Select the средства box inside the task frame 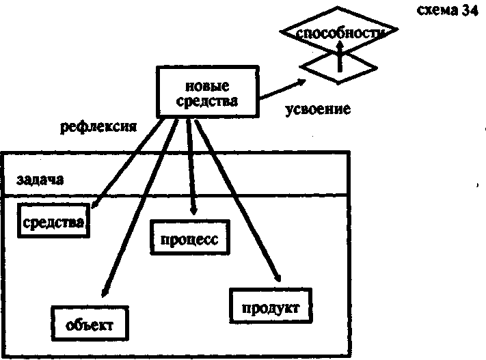[x=53, y=222]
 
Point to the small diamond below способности [x=338, y=66]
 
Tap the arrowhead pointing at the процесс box [x=197, y=211]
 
